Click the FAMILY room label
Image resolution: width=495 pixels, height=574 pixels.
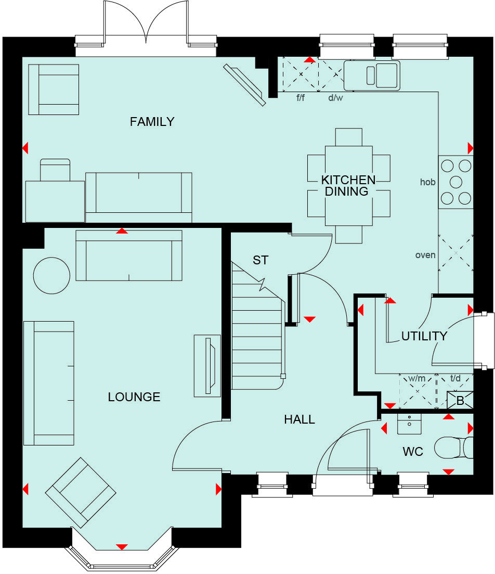pyautogui.click(x=152, y=122)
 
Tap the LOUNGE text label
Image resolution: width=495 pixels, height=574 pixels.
pyautogui.click(x=134, y=397)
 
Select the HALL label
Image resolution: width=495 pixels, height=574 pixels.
pyautogui.click(x=299, y=419)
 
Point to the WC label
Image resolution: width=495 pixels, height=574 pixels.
pyautogui.click(x=413, y=452)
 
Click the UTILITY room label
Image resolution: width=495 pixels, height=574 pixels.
pyautogui.click(x=424, y=336)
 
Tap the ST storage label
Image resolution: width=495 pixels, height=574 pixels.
pyautogui.click(x=260, y=260)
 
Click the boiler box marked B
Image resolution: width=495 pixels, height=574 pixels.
pyautogui.click(x=460, y=401)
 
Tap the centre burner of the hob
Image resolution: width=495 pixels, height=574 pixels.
pyautogui.click(x=456, y=182)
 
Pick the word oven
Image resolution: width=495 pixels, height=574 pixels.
pyautogui.click(x=425, y=255)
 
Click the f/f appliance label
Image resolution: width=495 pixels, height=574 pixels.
pyautogui.click(x=300, y=98)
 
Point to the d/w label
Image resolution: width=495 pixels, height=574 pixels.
pyautogui.click(x=335, y=98)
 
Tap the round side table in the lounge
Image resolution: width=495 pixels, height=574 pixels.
pyautogui.click(x=51, y=275)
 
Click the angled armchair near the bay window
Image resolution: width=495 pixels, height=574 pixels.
pyautogui.click(x=81, y=492)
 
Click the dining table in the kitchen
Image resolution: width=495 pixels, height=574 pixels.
pyautogui.click(x=348, y=186)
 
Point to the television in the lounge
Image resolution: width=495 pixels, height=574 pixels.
pyautogui.click(x=211, y=364)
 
